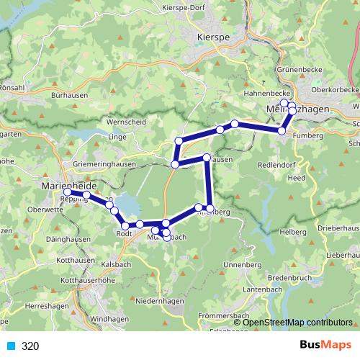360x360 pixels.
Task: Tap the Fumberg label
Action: click(307, 134)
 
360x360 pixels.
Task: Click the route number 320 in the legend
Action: click(30, 346)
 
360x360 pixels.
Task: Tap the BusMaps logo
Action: click(325, 345)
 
